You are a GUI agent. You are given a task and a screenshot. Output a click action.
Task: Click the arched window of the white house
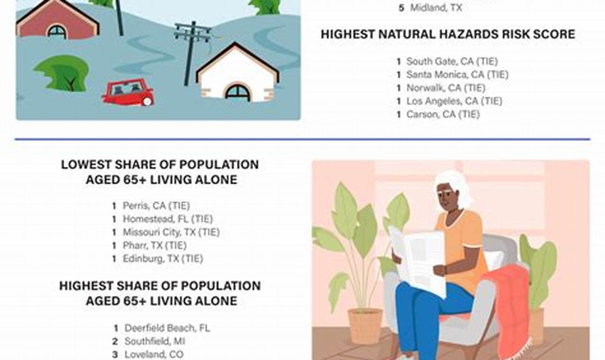click(237, 92)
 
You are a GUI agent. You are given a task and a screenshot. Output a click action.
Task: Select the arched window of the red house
click(57, 32)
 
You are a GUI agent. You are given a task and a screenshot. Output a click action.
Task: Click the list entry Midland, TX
click(436, 8)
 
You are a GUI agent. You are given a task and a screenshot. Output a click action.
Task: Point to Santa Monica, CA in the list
click(457, 74)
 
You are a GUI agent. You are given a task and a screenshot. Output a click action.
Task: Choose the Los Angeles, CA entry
click(454, 101)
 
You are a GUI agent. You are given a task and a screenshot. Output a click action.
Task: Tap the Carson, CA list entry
click(443, 114)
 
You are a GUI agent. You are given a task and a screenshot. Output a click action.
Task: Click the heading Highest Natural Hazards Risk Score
click(448, 34)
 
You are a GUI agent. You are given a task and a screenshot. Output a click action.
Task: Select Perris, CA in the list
click(156, 206)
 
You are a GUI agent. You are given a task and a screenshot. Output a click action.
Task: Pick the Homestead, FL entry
click(168, 219)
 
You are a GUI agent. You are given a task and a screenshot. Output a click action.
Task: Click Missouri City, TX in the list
click(171, 232)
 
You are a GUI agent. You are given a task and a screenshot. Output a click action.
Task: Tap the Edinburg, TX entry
click(162, 259)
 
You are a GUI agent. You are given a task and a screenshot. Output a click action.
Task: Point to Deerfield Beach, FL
click(167, 328)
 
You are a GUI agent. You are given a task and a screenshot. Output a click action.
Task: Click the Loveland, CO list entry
click(154, 354)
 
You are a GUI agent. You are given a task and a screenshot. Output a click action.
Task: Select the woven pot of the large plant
click(365, 325)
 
